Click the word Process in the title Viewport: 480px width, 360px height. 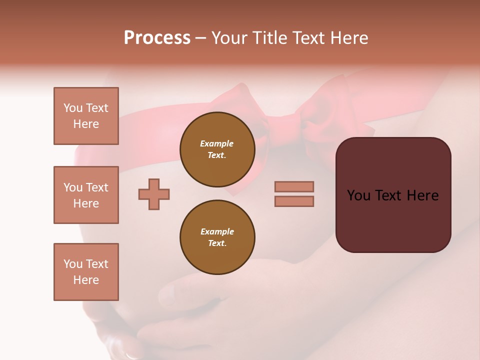click(157, 38)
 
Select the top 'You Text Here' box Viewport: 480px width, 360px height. click(86, 116)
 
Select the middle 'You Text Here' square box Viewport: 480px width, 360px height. click(86, 195)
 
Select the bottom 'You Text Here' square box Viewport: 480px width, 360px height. click(86, 272)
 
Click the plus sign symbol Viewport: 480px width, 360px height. click(154, 194)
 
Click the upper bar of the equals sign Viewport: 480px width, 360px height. click(294, 186)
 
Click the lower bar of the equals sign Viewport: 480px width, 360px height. click(294, 201)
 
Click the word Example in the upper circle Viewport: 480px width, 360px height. click(217, 143)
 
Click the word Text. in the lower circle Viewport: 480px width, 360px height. click(217, 243)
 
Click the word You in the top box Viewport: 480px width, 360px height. click(73, 108)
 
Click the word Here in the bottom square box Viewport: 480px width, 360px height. click(86, 280)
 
